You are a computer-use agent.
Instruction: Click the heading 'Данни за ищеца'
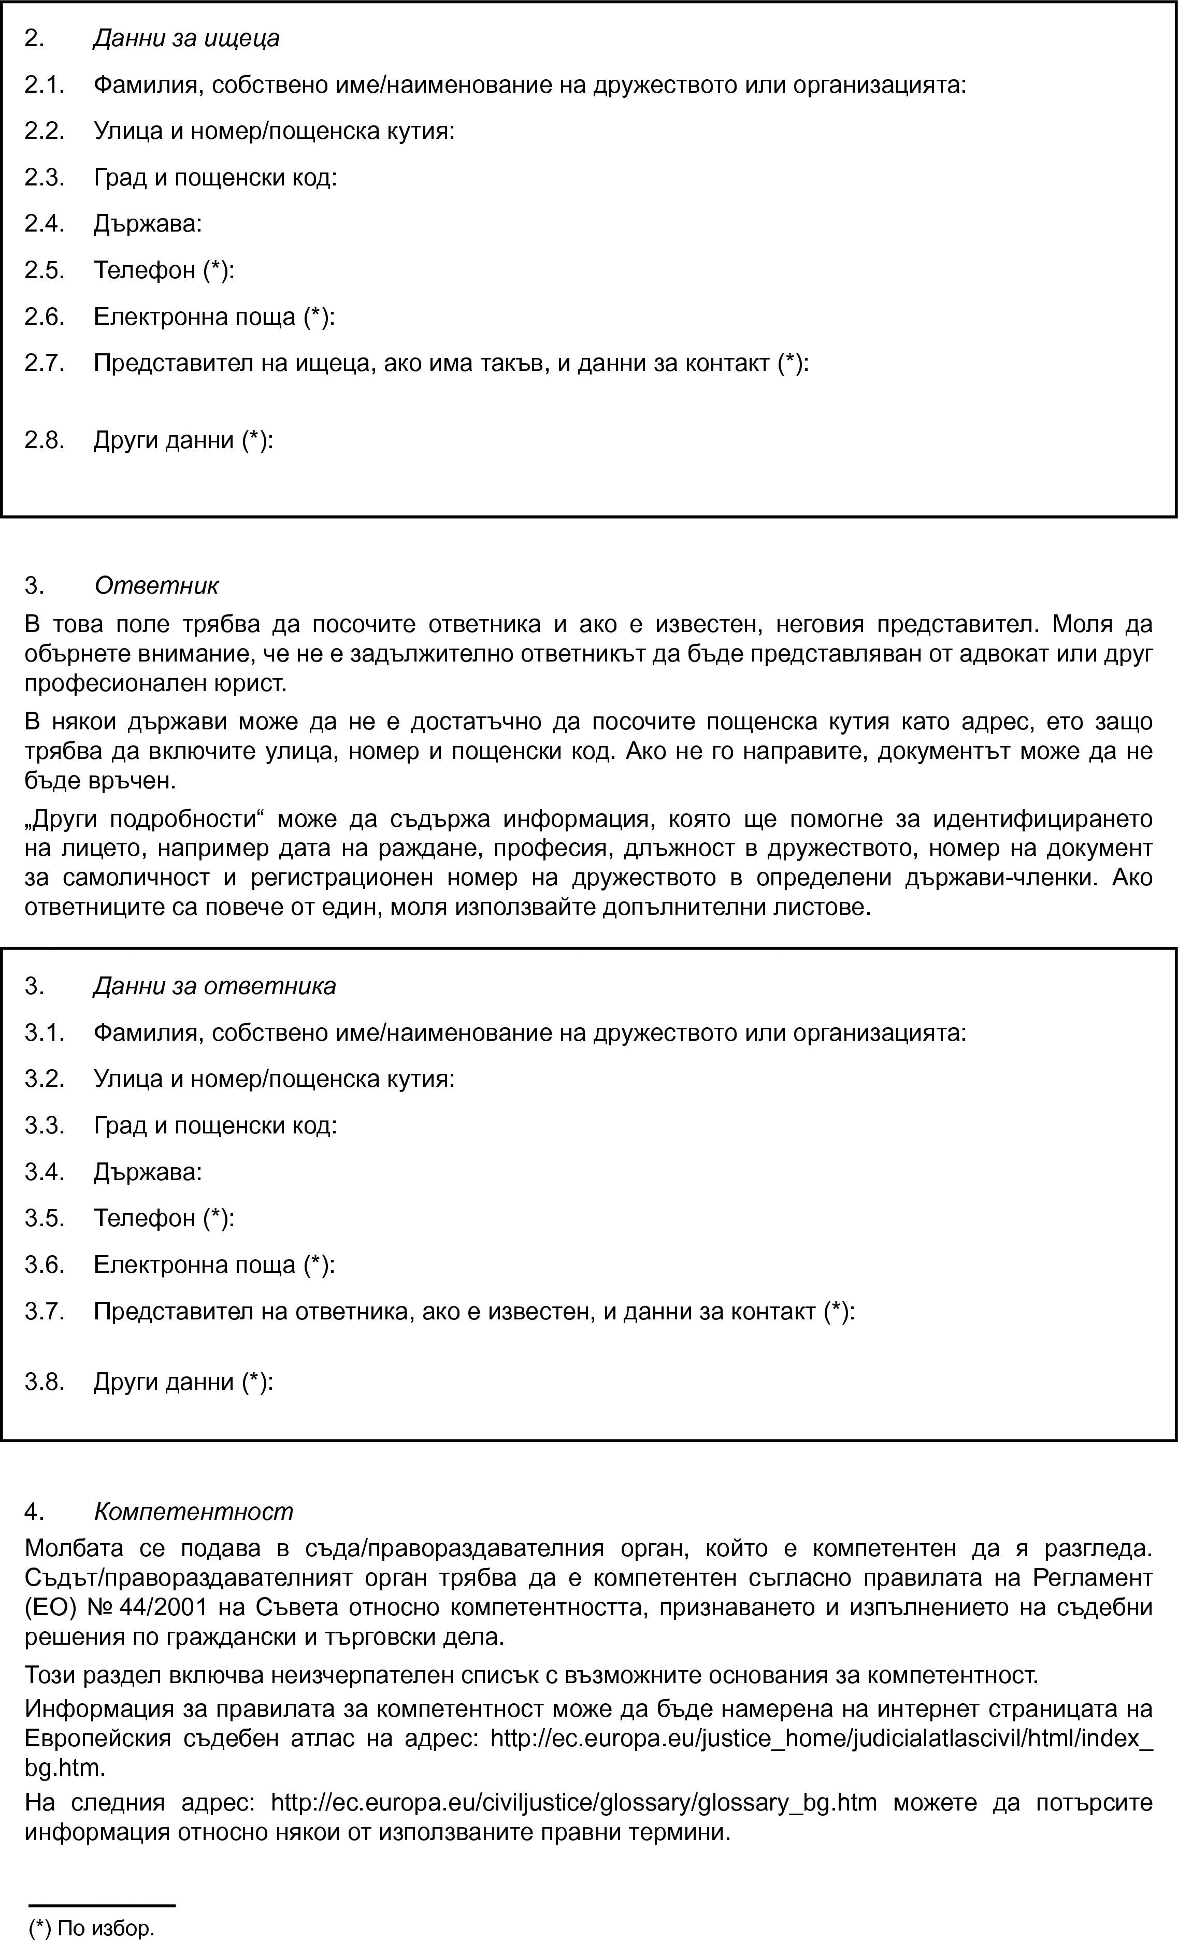click(186, 38)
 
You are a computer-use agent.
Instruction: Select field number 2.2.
click(44, 131)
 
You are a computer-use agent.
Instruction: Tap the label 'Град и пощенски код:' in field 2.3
click(215, 178)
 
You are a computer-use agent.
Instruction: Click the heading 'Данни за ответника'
click(214, 986)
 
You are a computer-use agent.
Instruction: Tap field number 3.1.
click(44, 1033)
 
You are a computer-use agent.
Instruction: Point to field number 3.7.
click(44, 1312)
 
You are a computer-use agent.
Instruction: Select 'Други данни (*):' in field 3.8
click(183, 1382)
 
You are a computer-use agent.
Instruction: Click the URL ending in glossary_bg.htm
click(573, 1803)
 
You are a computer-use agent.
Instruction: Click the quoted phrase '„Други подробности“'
click(142, 820)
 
